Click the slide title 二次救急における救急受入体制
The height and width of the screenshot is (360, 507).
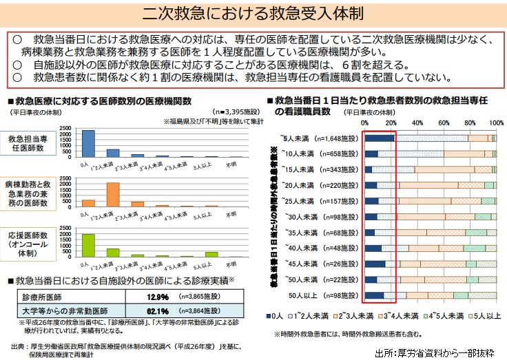tap(253, 14)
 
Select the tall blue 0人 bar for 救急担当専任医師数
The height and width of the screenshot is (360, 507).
tap(88, 143)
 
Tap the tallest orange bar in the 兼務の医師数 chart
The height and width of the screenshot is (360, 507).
tap(113, 194)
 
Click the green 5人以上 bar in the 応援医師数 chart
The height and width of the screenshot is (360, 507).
tap(211, 254)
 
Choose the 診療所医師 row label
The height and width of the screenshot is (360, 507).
tap(41, 296)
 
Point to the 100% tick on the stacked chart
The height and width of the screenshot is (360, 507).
tap(494, 122)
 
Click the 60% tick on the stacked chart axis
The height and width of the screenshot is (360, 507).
tap(442, 122)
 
